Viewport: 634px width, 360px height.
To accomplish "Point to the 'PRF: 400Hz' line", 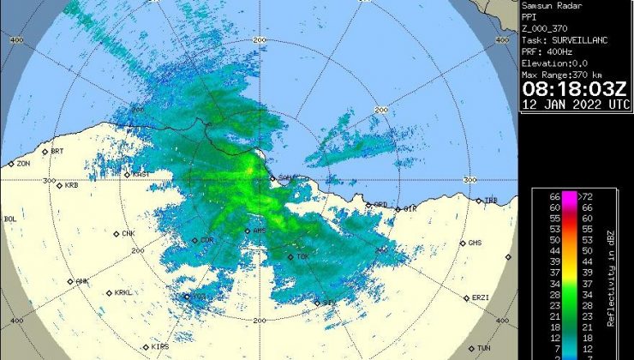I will point(547,51).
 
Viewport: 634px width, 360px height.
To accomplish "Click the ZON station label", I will point(23,163).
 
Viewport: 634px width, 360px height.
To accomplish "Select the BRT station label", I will point(57,151).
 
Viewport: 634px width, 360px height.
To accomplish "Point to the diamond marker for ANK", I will point(70,281).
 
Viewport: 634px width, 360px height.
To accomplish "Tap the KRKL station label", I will point(124,292).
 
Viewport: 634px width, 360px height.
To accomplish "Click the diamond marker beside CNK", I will point(117,233).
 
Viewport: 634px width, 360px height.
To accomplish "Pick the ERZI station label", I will point(480,297).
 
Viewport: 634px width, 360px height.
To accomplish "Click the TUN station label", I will point(484,347).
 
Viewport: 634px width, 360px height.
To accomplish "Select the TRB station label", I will point(491,200).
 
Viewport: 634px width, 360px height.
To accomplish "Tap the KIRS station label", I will point(159,345).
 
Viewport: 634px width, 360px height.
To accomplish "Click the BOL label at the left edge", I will point(10,219).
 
